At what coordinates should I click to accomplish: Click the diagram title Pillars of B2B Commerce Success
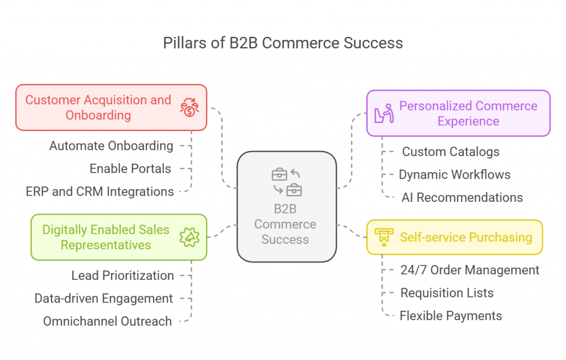[x=282, y=43]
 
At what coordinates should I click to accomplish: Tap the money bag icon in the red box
[x=190, y=108]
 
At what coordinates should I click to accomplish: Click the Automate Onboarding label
[x=111, y=146]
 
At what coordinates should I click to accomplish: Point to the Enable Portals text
[x=130, y=169]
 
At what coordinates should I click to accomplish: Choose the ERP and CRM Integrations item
[x=100, y=192]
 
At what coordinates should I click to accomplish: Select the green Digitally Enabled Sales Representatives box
[x=106, y=237]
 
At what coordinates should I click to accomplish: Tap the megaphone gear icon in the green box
[x=189, y=237]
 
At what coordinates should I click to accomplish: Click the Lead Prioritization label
[x=123, y=275]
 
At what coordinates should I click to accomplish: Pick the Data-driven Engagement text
[x=104, y=299]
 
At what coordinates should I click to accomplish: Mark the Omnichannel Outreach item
[x=108, y=321]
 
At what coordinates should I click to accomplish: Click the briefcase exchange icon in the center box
[x=286, y=182]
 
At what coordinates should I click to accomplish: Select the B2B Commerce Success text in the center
[x=285, y=225]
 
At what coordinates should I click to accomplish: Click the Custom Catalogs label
[x=450, y=152]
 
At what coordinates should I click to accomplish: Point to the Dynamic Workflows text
[x=454, y=175]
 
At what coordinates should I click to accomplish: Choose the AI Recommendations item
[x=462, y=197]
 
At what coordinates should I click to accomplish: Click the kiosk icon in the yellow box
[x=382, y=237]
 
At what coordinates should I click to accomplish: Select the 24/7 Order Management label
[x=470, y=270]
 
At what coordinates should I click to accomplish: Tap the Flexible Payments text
[x=450, y=316]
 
